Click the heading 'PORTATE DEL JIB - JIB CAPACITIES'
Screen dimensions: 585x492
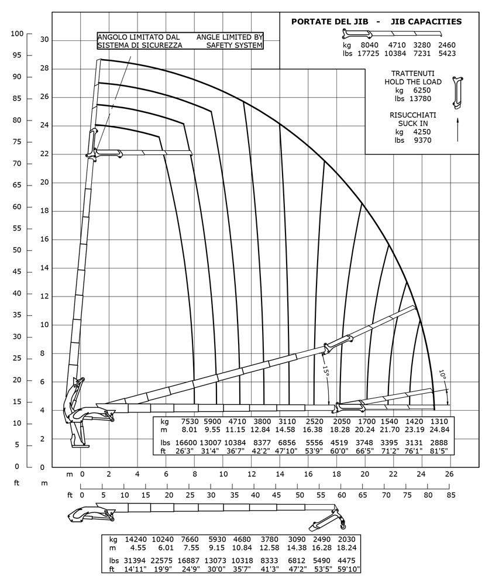pyautogui.click(x=376, y=22)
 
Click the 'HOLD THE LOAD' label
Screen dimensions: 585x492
pyautogui.click(x=412, y=82)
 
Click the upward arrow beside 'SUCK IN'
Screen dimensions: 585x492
pyautogui.click(x=457, y=129)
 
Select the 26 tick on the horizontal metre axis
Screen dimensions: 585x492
pyautogui.click(x=449, y=474)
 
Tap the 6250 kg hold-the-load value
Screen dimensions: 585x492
pyautogui.click(x=422, y=91)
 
